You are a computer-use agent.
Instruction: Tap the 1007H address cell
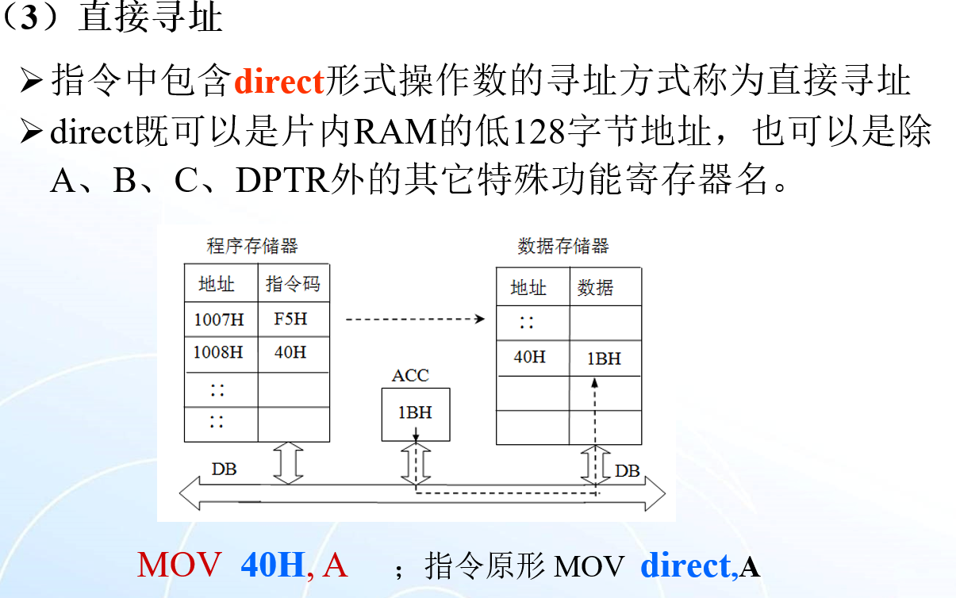click(x=220, y=320)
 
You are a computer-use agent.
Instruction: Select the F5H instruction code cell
click(x=290, y=320)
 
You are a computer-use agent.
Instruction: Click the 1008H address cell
click(x=219, y=352)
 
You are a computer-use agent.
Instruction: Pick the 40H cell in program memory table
click(x=290, y=352)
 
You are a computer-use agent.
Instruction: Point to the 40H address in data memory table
click(x=530, y=357)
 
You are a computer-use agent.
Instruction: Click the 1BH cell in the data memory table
click(x=604, y=358)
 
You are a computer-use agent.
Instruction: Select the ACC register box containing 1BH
click(x=415, y=413)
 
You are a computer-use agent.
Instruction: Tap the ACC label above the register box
click(x=410, y=375)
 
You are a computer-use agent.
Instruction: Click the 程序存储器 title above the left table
click(x=252, y=246)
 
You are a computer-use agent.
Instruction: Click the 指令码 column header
click(x=293, y=284)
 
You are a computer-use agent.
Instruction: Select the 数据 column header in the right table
click(x=595, y=287)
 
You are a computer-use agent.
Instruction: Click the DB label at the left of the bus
click(x=225, y=470)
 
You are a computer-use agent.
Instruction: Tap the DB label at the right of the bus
click(x=627, y=471)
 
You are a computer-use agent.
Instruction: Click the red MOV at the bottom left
click(x=179, y=565)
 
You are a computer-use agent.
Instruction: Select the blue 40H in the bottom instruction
click(x=273, y=565)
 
